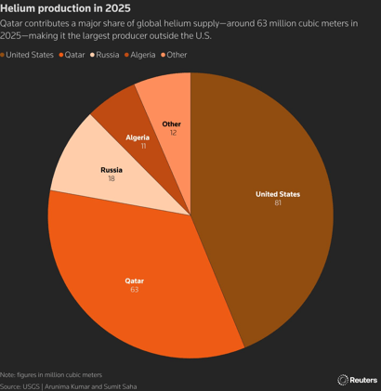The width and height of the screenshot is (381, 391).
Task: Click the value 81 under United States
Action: click(x=278, y=203)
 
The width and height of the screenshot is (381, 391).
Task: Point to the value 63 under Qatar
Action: click(x=136, y=290)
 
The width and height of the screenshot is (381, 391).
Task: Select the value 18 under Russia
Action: click(x=112, y=180)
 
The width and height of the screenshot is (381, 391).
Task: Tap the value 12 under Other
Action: click(x=173, y=133)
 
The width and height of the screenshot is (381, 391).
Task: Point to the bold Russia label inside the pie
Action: click(x=112, y=171)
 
